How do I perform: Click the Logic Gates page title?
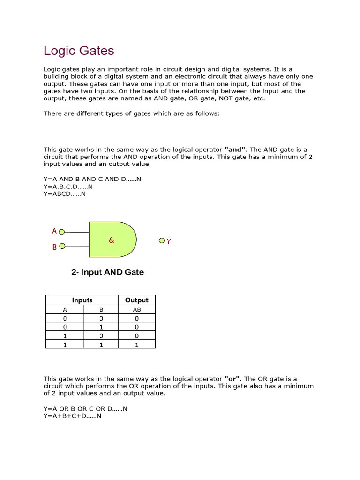pos(79,51)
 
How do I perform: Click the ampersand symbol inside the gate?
pos(111,240)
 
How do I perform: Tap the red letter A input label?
pos(54,231)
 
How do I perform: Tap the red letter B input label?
pos(54,247)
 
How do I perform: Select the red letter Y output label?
pos(169,241)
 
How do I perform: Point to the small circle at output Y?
pos(162,241)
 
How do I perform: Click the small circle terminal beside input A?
pos(62,232)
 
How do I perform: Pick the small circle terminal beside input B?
pos(62,246)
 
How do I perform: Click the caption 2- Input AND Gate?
pos(107,272)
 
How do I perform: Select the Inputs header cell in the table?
pos(82,300)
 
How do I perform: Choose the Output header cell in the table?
pos(137,300)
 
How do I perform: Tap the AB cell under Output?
pos(137,309)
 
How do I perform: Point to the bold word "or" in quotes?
pos(232,379)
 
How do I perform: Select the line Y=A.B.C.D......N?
pos(71,187)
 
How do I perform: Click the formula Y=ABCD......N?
pos(65,194)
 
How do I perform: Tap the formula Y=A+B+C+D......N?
pos(73,416)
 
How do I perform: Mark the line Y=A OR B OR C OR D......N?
pos(85,409)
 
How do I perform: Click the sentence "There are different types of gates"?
pos(131,113)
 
